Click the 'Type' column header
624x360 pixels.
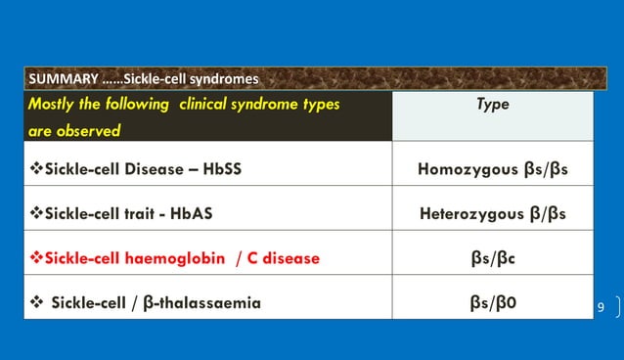(492, 105)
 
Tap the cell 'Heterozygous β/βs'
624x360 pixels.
(492, 213)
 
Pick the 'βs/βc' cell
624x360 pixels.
(492, 258)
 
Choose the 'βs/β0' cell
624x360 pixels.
(492, 302)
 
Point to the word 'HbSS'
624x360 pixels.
(220, 168)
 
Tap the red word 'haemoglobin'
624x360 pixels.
(167, 258)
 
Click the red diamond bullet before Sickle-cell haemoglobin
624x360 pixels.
(37, 258)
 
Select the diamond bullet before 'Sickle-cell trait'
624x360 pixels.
(37, 213)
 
